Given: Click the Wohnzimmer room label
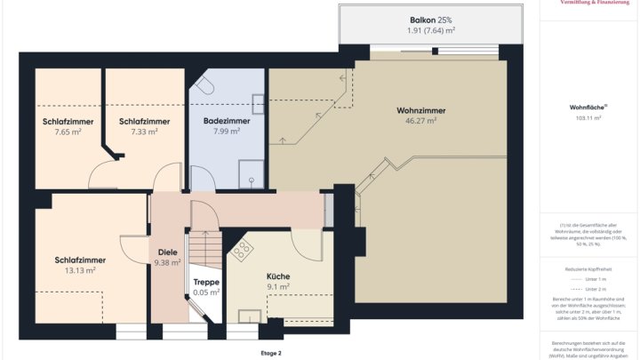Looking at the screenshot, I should pyautogui.click(x=420, y=110).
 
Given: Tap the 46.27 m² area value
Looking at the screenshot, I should pyautogui.click(x=420, y=121).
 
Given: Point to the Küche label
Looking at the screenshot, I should pyautogui.click(x=278, y=276).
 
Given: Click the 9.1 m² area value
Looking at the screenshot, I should pyautogui.click(x=278, y=286).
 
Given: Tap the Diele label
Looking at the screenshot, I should pyautogui.click(x=167, y=252).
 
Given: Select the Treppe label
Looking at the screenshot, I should pyautogui.click(x=206, y=282).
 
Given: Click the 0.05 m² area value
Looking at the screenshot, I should pyautogui.click(x=206, y=292).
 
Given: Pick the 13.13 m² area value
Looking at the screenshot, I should pyautogui.click(x=80, y=270).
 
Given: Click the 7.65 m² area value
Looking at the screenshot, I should pyautogui.click(x=68, y=131).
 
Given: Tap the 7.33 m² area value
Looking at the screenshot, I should pyautogui.click(x=144, y=131).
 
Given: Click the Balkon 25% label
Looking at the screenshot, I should pyautogui.click(x=431, y=20).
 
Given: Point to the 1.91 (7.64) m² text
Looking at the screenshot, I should pyautogui.click(x=431, y=30).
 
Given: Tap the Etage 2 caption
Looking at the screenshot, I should pyautogui.click(x=270, y=353).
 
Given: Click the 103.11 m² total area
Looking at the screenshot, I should pyautogui.click(x=588, y=117).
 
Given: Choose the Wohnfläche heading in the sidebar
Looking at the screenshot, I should pyautogui.click(x=588, y=107).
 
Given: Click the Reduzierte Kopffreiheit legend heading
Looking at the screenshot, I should pyautogui.click(x=588, y=268).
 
